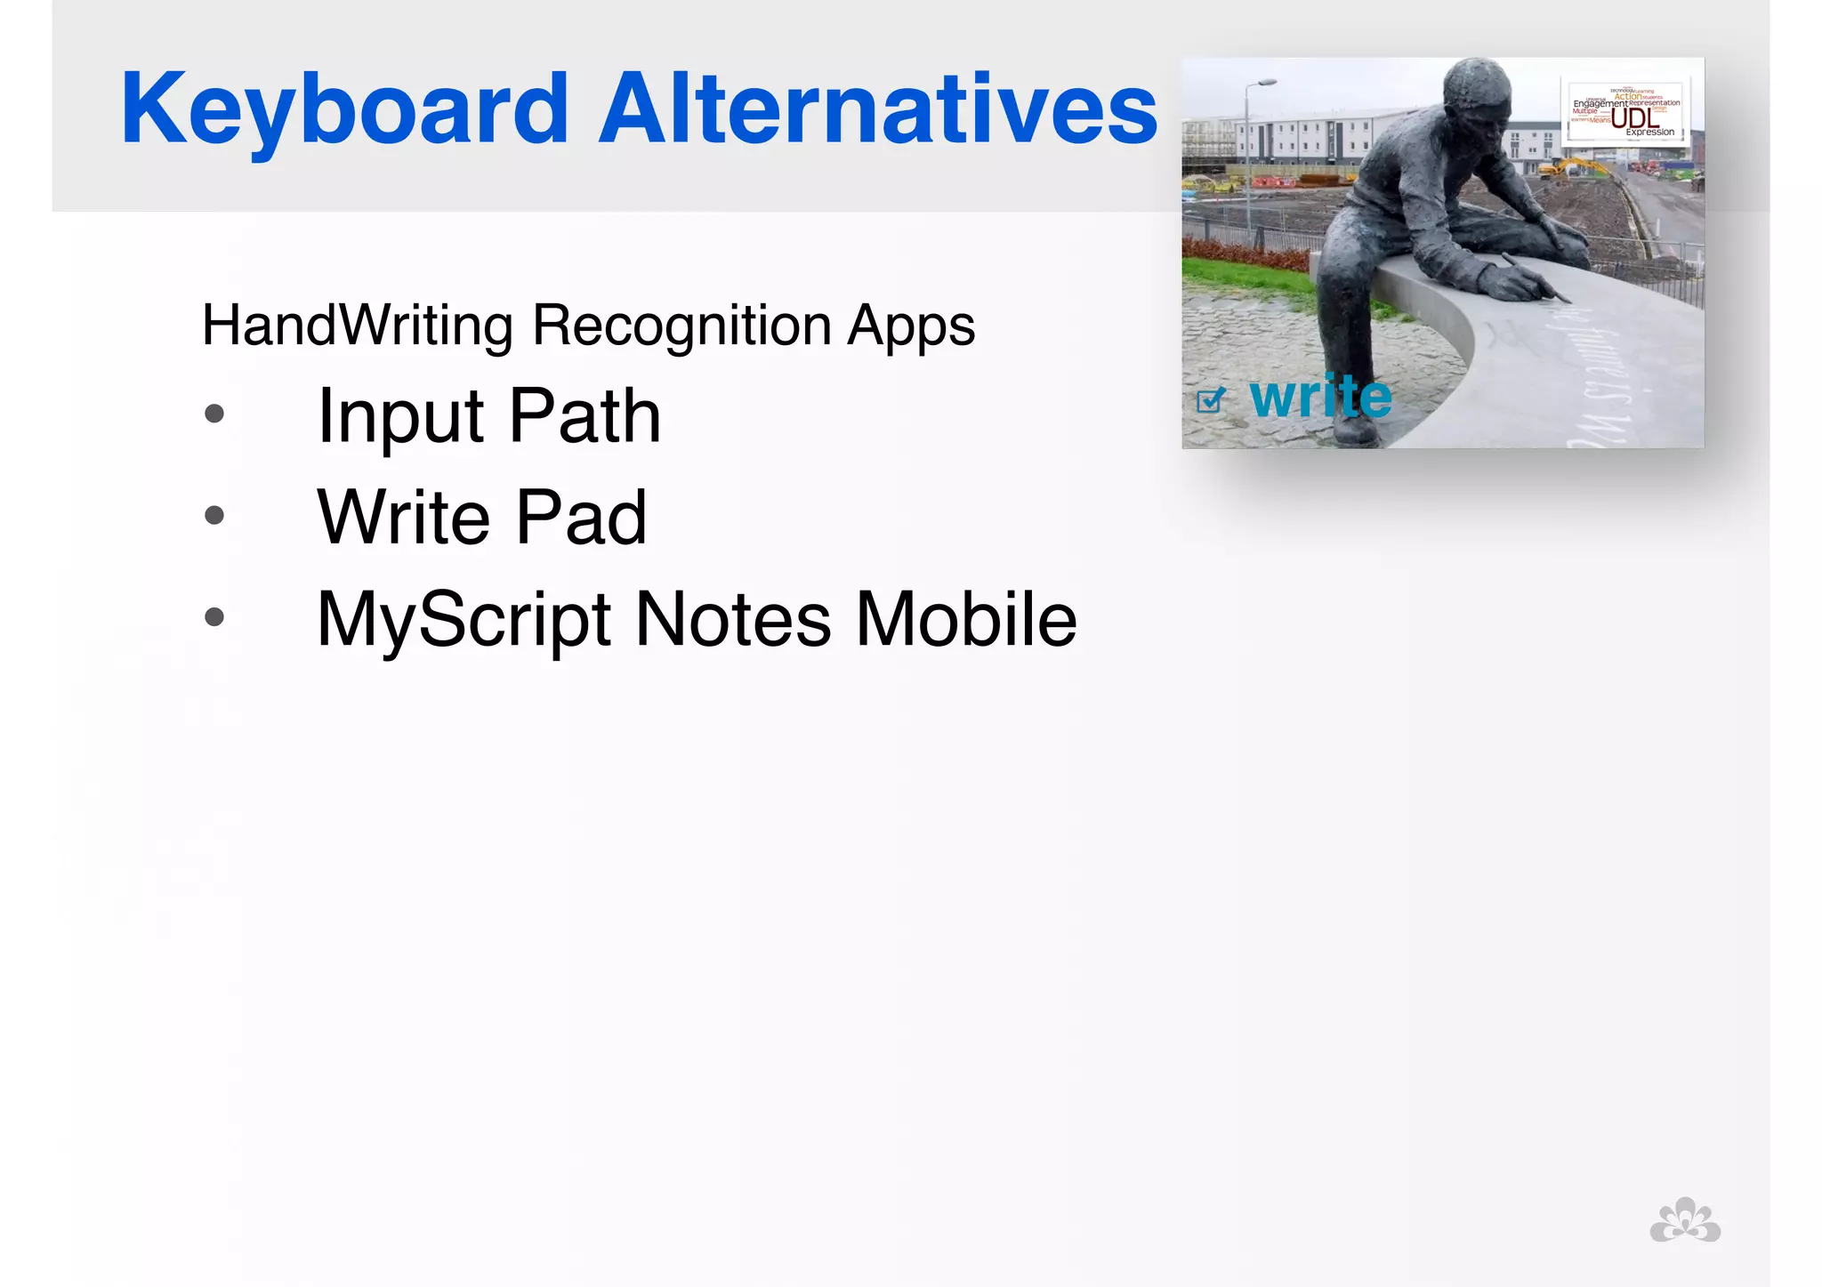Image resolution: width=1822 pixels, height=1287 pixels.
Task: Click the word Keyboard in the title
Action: (x=344, y=110)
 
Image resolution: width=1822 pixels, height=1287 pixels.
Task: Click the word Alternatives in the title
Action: (x=877, y=110)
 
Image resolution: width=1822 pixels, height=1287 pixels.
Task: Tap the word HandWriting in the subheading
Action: (x=357, y=326)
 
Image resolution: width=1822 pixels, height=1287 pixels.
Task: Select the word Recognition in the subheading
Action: (x=681, y=326)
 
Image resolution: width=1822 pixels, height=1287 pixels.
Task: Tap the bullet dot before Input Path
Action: (x=214, y=414)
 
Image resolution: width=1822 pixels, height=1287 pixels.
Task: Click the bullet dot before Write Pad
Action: (x=214, y=515)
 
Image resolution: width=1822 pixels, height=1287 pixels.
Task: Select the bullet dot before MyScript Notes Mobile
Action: (x=214, y=616)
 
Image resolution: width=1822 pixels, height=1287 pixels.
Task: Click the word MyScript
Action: (x=464, y=621)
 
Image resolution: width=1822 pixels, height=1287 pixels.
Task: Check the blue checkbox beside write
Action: (x=1209, y=401)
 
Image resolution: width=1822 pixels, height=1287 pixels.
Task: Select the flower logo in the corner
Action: (x=1685, y=1220)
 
